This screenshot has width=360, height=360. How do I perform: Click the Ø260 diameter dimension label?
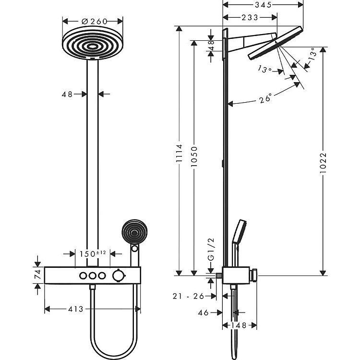click(95, 21)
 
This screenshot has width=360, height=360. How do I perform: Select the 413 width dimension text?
click(75, 309)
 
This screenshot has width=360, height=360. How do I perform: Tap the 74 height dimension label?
click(37, 275)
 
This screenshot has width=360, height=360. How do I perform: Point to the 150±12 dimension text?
click(93, 254)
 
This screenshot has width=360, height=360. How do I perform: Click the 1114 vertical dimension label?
click(179, 153)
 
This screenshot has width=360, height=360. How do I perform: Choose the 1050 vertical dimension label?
click(194, 156)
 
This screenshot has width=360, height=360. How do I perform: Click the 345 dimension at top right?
click(263, 5)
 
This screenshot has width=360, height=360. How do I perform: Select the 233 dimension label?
click(250, 17)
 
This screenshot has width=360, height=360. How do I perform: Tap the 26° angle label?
click(265, 98)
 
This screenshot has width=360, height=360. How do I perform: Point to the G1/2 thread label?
click(211, 249)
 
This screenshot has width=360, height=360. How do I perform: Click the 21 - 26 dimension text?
click(188, 296)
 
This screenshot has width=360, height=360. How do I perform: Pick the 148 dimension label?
click(239, 325)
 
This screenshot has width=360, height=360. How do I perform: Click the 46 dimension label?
click(203, 312)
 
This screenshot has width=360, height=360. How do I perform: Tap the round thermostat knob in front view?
click(118, 276)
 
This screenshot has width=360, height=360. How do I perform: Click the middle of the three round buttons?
click(93, 276)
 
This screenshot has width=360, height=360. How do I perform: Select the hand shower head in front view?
click(134, 232)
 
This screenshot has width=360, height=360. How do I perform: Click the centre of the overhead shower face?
click(93, 47)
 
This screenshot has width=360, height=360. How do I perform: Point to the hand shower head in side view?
click(239, 231)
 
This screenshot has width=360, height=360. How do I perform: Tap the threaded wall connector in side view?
click(219, 276)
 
